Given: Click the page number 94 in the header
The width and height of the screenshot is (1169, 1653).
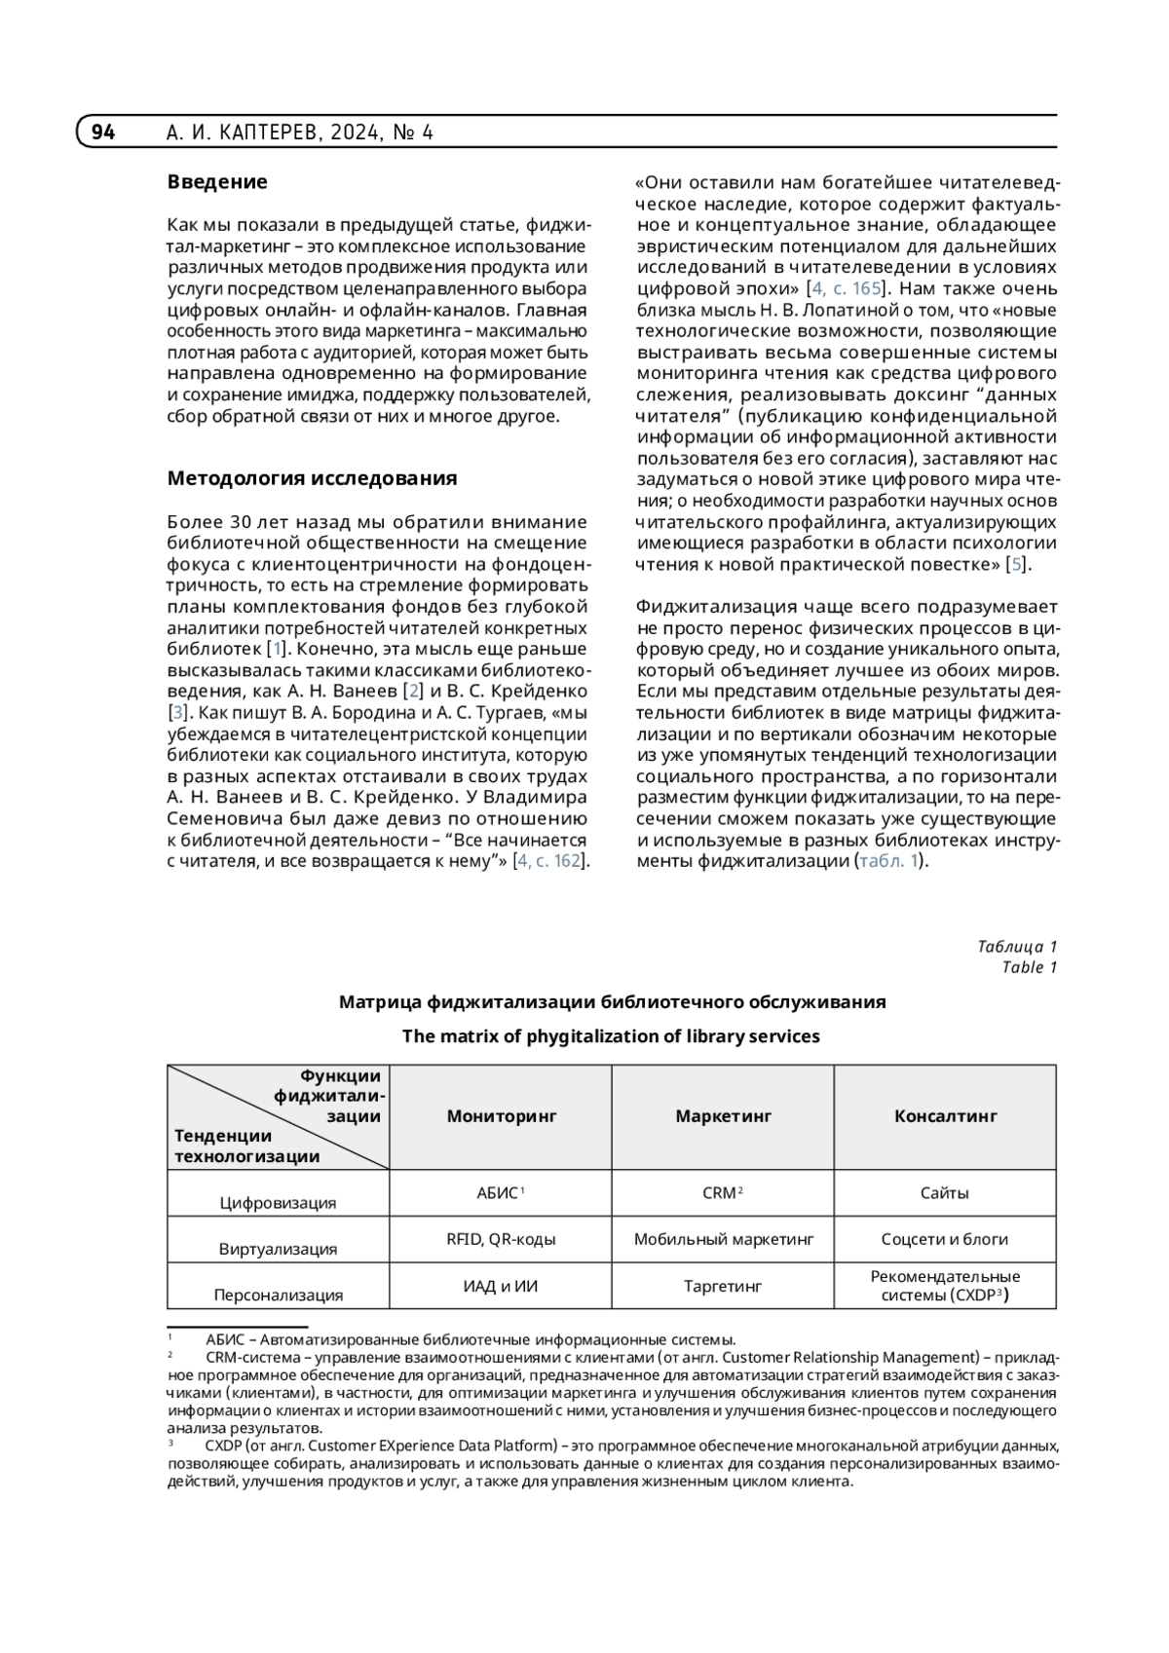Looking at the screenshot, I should pyautogui.click(x=103, y=132).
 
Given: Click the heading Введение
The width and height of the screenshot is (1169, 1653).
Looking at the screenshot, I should pyautogui.click(x=216, y=182).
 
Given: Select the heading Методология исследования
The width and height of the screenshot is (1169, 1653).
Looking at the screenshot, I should pyautogui.click(x=312, y=478).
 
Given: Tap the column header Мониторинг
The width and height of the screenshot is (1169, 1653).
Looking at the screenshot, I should pyautogui.click(x=501, y=1116).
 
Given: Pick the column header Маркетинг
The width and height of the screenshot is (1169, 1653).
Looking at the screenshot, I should pyautogui.click(x=723, y=1116).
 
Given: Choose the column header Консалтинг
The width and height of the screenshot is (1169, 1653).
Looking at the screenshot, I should pyautogui.click(x=945, y=1116).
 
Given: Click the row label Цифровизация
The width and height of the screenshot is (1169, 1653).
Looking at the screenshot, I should pyautogui.click(x=278, y=1203).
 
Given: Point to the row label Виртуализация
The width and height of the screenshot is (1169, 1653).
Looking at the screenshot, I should pyautogui.click(x=278, y=1249).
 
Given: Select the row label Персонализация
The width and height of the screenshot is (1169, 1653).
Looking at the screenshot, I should pyautogui.click(x=278, y=1296).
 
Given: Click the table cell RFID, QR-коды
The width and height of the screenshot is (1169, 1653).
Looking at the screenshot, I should pyautogui.click(x=501, y=1240).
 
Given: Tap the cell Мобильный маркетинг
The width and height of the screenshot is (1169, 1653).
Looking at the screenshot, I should pyautogui.click(x=723, y=1240).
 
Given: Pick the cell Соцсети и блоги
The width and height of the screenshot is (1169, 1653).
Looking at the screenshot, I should pyautogui.click(x=944, y=1240).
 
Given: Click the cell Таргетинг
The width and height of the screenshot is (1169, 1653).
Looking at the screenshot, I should pyautogui.click(x=723, y=1287).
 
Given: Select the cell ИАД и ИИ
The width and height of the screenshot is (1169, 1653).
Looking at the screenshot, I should pyautogui.click(x=501, y=1287).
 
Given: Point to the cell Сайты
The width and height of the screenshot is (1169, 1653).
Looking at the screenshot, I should pyautogui.click(x=944, y=1193).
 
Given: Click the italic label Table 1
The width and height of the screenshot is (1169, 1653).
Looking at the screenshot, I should pyautogui.click(x=1029, y=967).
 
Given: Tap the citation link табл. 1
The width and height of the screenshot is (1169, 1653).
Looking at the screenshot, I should pyautogui.click(x=887, y=861).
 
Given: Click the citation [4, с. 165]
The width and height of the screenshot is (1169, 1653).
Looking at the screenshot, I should pyautogui.click(x=845, y=288).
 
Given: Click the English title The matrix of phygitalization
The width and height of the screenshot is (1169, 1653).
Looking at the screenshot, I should pyautogui.click(x=611, y=1036).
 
